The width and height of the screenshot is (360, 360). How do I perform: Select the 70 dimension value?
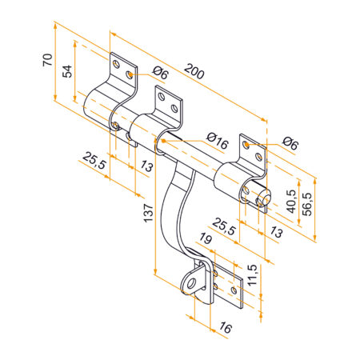pyautogui.click(x=47, y=60)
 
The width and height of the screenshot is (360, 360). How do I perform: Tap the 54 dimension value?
pyautogui.click(x=69, y=70)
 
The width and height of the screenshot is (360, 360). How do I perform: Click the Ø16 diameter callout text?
pyautogui.click(x=217, y=142)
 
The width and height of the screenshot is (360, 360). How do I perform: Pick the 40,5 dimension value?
pyautogui.click(x=290, y=198)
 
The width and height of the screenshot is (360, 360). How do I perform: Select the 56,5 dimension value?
pyautogui.click(x=307, y=203)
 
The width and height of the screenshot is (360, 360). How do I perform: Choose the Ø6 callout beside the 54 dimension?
pyautogui.click(x=159, y=74)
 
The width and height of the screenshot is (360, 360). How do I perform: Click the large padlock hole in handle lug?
pyautogui.click(x=192, y=282)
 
